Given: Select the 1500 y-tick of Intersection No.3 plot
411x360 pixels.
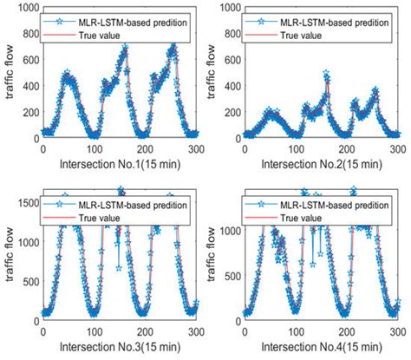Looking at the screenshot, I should (x=26, y=201).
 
